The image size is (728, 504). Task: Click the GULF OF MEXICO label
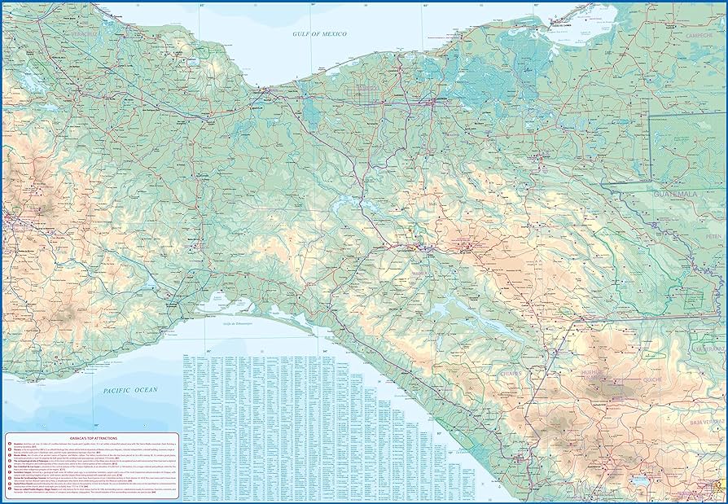click(320, 33)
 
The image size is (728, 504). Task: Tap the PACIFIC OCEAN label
click(130, 391)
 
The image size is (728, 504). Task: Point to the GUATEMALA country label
click(686, 195)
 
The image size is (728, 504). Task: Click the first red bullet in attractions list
click(8, 445)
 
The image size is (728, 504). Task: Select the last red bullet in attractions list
click(8, 491)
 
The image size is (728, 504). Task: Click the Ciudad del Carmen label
click(563, 24)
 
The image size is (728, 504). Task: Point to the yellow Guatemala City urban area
click(717, 488)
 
